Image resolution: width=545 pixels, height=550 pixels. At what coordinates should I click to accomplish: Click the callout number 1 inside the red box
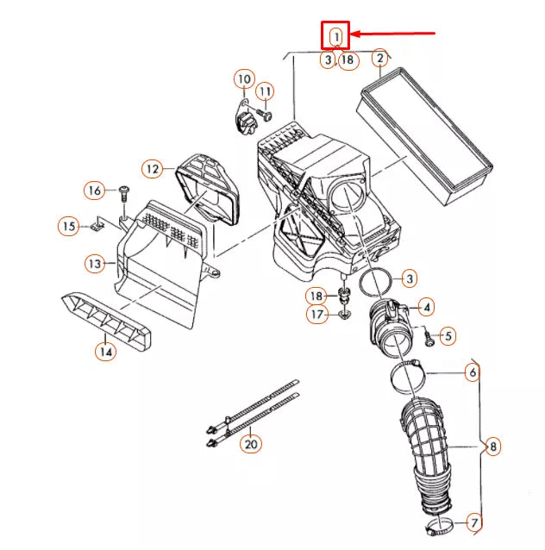335,36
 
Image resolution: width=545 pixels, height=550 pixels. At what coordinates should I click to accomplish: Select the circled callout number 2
379,59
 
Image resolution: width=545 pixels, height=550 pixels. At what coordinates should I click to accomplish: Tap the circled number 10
243,80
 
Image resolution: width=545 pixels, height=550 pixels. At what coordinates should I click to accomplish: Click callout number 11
265,91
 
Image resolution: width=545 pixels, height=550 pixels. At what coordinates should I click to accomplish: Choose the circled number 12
153,169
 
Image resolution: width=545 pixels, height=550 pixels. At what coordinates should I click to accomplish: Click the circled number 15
68,227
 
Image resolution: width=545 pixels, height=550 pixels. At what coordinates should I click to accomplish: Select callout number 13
94,262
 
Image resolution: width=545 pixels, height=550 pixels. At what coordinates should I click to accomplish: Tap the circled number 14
104,351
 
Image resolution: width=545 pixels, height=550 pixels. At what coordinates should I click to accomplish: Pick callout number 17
318,315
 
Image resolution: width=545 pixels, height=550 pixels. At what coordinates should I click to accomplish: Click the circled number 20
250,444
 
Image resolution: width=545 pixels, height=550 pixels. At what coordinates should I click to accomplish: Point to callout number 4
427,306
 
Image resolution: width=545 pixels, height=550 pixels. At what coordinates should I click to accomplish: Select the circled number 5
448,334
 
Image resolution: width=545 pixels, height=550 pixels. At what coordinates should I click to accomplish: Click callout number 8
492,447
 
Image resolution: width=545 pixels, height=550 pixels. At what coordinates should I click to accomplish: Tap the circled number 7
473,522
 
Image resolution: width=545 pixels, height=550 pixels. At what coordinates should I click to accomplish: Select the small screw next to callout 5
429,335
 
